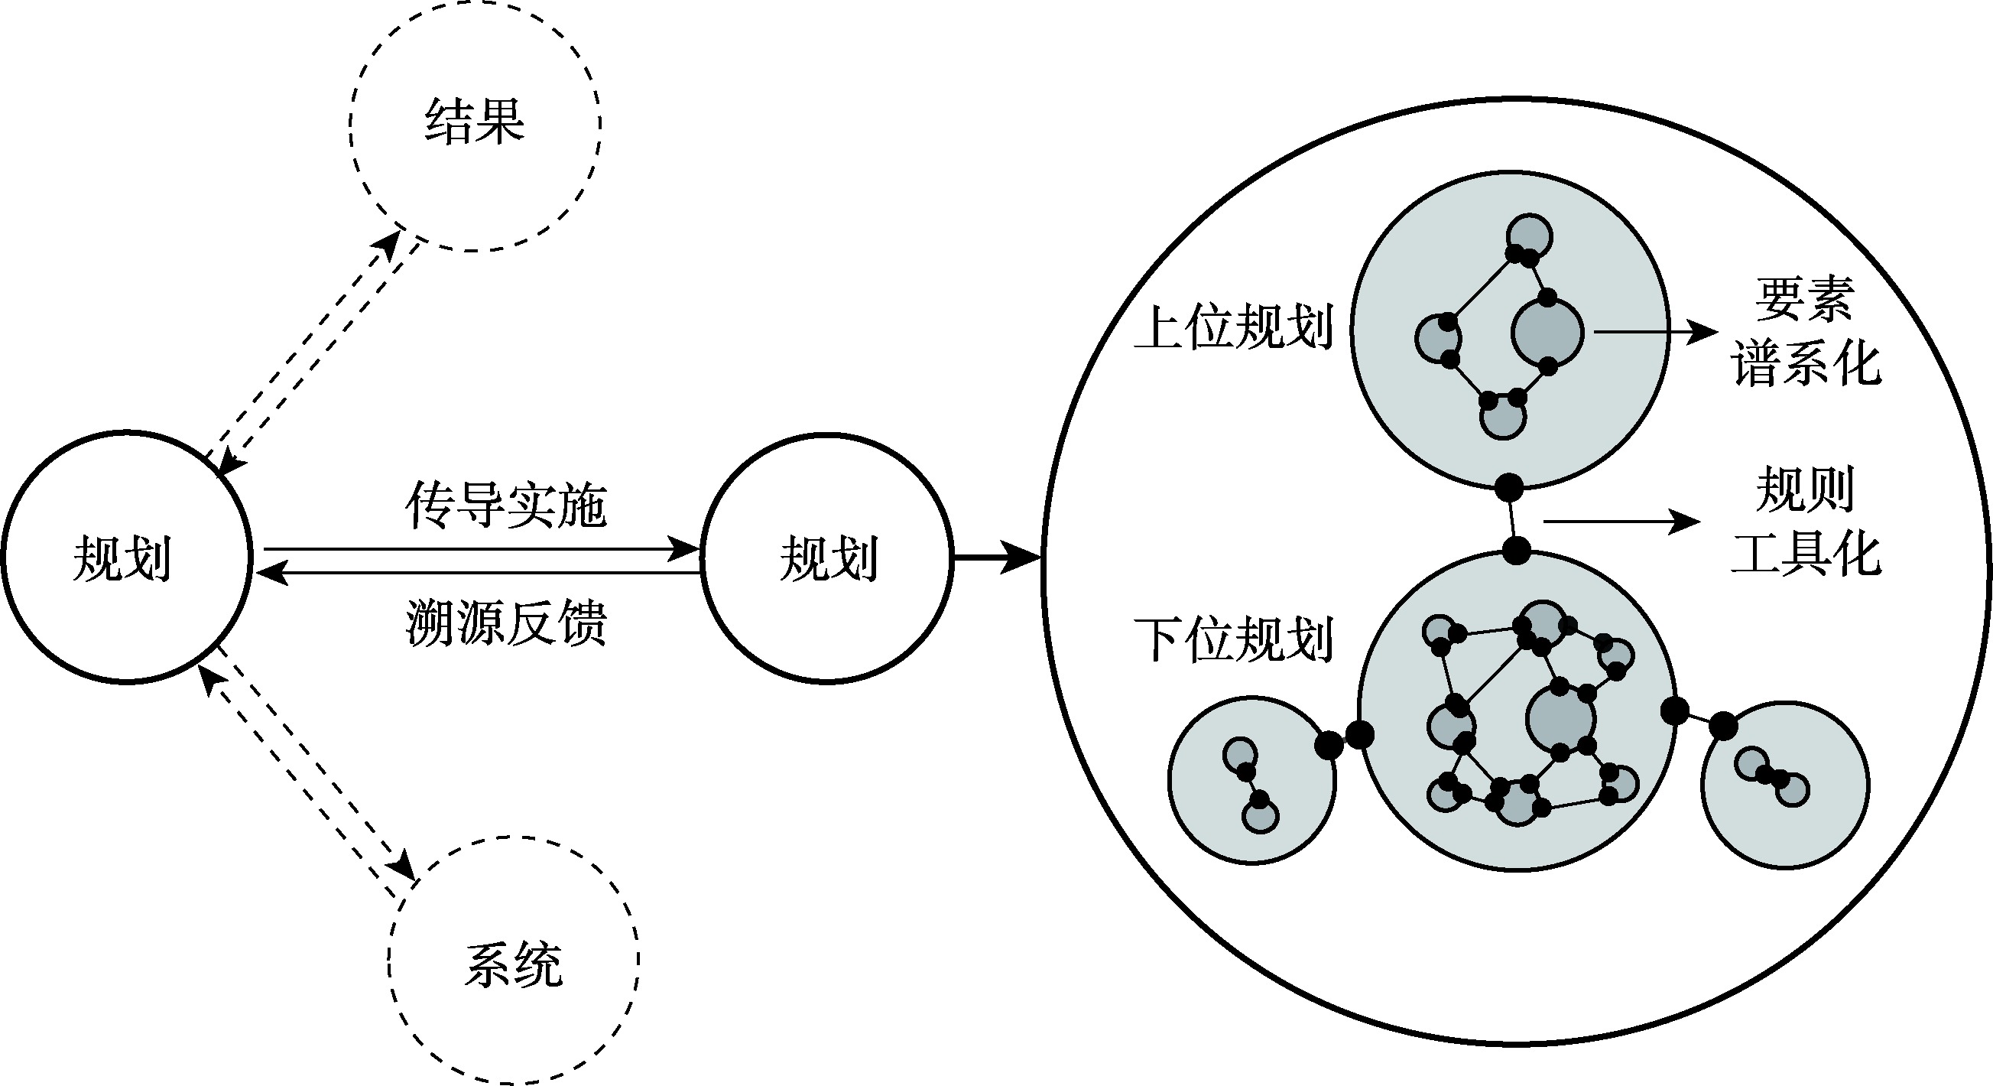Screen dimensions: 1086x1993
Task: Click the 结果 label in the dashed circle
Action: coord(474,122)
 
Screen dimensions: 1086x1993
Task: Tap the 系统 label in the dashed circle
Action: coord(513,964)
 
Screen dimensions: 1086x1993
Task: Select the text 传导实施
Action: coord(506,506)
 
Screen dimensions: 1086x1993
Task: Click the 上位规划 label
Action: coord(1233,328)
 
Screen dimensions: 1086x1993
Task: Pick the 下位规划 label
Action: coord(1233,639)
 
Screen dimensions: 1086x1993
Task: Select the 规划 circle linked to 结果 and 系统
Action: coord(126,558)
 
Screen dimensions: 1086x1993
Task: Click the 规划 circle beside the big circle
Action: coord(827,558)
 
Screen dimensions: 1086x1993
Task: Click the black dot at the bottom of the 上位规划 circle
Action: coord(1508,488)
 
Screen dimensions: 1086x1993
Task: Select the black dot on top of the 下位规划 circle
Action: coord(1517,551)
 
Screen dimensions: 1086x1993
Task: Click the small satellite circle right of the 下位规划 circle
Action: coord(1786,785)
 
